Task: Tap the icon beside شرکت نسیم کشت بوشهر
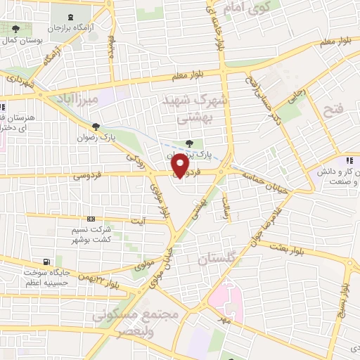pos(91,219)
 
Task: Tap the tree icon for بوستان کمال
pos(16,29)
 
